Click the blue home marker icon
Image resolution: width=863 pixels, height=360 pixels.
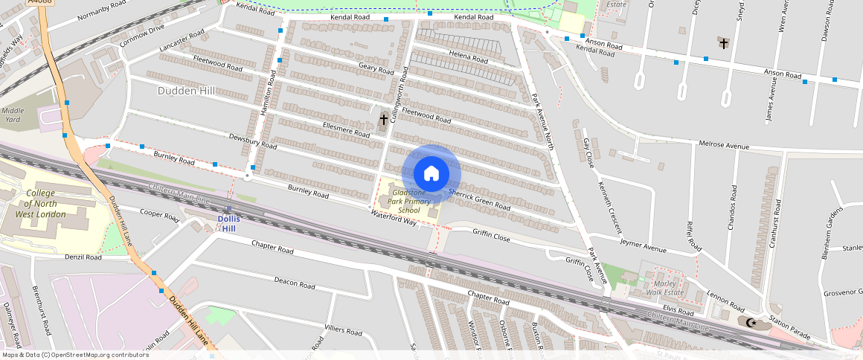click(431, 174)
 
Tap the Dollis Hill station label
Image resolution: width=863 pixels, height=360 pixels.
click(229, 222)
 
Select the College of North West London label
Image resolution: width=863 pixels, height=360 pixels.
click(41, 203)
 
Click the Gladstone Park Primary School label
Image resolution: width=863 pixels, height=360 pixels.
click(409, 202)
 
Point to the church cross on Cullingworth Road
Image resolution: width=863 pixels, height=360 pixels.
click(384, 119)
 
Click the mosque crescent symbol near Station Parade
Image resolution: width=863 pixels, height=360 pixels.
click(751, 322)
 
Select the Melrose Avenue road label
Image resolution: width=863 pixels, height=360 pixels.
click(722, 145)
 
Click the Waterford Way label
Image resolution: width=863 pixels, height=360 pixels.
click(394, 216)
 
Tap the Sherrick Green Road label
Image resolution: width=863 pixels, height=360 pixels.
click(479, 199)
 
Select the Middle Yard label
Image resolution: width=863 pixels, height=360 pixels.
click(13, 115)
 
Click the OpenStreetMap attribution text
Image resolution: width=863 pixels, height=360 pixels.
click(74, 355)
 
